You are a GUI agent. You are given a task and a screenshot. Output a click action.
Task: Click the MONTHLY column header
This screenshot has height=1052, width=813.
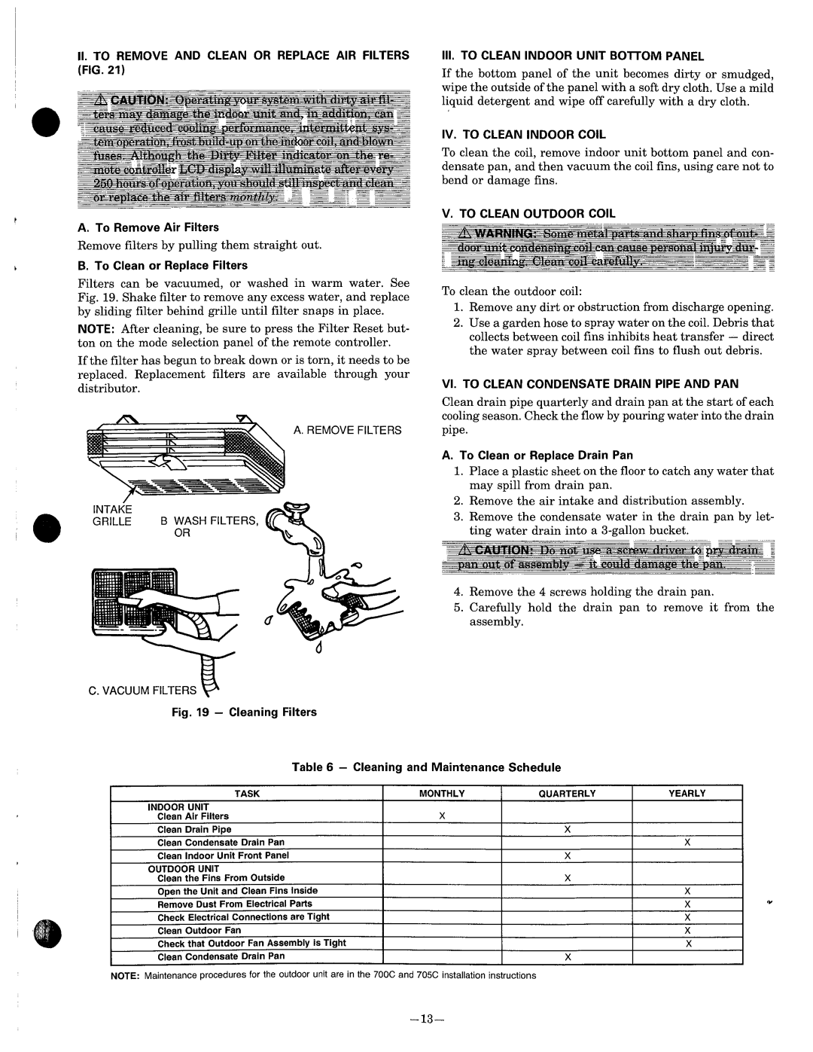(442, 793)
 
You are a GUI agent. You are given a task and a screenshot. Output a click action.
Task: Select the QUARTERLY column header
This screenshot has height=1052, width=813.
(568, 793)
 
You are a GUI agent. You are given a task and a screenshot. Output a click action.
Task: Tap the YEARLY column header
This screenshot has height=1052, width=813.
(687, 793)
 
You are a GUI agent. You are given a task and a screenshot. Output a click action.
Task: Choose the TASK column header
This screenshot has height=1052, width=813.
(247, 793)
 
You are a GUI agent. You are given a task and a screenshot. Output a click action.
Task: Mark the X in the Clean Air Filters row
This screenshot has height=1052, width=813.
(443, 816)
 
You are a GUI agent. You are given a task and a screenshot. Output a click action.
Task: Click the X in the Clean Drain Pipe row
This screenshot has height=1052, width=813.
(568, 829)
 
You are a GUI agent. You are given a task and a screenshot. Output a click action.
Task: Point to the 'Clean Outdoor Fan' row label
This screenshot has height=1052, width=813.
(199, 931)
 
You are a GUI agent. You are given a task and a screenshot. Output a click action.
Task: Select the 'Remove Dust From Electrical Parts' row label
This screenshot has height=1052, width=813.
(234, 904)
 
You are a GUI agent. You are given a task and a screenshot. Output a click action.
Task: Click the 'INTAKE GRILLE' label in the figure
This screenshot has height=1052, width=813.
(113, 515)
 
